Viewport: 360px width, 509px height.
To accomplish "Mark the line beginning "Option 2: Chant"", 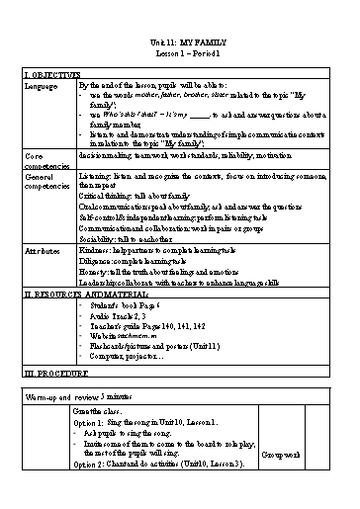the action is (x=157, y=464).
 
